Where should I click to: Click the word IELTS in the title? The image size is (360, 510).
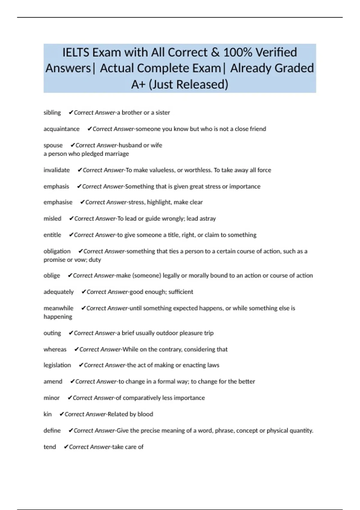point(76,52)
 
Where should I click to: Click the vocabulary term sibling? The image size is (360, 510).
point(52,112)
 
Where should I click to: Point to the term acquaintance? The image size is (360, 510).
point(61,129)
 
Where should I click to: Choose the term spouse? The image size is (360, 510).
point(53,145)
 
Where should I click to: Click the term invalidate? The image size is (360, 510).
point(57,170)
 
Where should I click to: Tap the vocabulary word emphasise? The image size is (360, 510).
point(58,202)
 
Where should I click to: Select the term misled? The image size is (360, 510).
point(52,219)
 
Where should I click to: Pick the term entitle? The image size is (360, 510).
point(52,235)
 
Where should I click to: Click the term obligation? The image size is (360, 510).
point(57,251)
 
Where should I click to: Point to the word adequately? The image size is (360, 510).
point(58,292)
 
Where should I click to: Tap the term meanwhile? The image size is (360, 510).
point(58,308)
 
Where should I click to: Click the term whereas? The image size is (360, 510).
point(55,349)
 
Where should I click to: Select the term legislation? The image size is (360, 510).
point(57,365)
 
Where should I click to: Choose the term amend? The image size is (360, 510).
point(53,382)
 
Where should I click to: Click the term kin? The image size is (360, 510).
point(47,414)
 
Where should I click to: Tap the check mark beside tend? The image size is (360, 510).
point(66,447)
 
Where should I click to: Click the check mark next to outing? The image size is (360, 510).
point(71,333)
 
